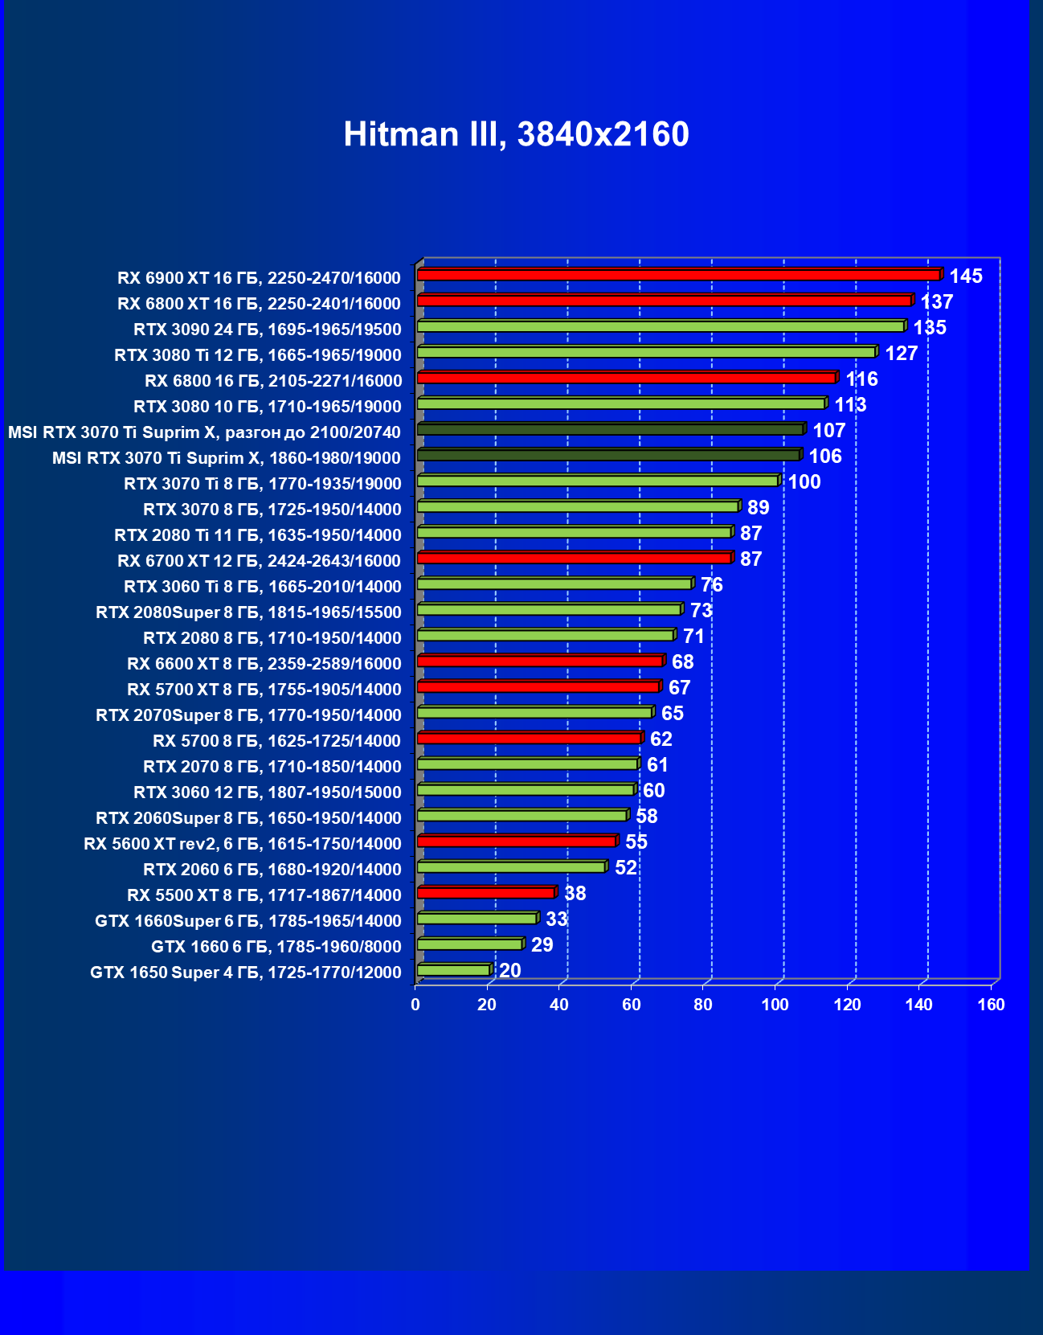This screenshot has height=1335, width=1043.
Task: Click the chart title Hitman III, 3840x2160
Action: [516, 134]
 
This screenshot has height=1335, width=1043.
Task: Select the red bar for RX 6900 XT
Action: [678, 275]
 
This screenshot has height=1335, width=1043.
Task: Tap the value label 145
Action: [965, 276]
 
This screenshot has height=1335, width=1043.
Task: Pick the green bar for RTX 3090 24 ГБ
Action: [661, 326]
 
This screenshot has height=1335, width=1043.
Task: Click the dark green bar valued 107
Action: [610, 429]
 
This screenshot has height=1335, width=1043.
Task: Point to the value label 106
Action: [824, 457]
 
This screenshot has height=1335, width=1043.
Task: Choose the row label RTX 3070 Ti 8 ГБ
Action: [262, 484]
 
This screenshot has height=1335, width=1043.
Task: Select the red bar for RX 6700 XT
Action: [574, 558]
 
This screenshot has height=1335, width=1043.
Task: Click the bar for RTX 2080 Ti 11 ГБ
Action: [574, 532]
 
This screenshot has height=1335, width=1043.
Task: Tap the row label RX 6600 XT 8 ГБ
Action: [264, 664]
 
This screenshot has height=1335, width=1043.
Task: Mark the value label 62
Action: [661, 739]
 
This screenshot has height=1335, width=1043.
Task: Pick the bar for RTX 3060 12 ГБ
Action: [526, 789]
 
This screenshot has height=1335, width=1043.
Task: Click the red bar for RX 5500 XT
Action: [485, 892]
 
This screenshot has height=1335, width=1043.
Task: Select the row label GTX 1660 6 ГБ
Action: [276, 947]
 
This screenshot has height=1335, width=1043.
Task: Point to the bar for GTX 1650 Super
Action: [453, 970]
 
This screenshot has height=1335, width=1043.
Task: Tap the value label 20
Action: [509, 971]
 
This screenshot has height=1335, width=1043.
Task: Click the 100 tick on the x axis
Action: [775, 1005]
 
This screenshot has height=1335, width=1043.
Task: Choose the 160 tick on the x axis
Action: [991, 1005]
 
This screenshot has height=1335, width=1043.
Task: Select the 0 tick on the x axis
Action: [415, 1005]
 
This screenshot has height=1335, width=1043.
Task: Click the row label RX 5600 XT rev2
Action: [242, 844]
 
